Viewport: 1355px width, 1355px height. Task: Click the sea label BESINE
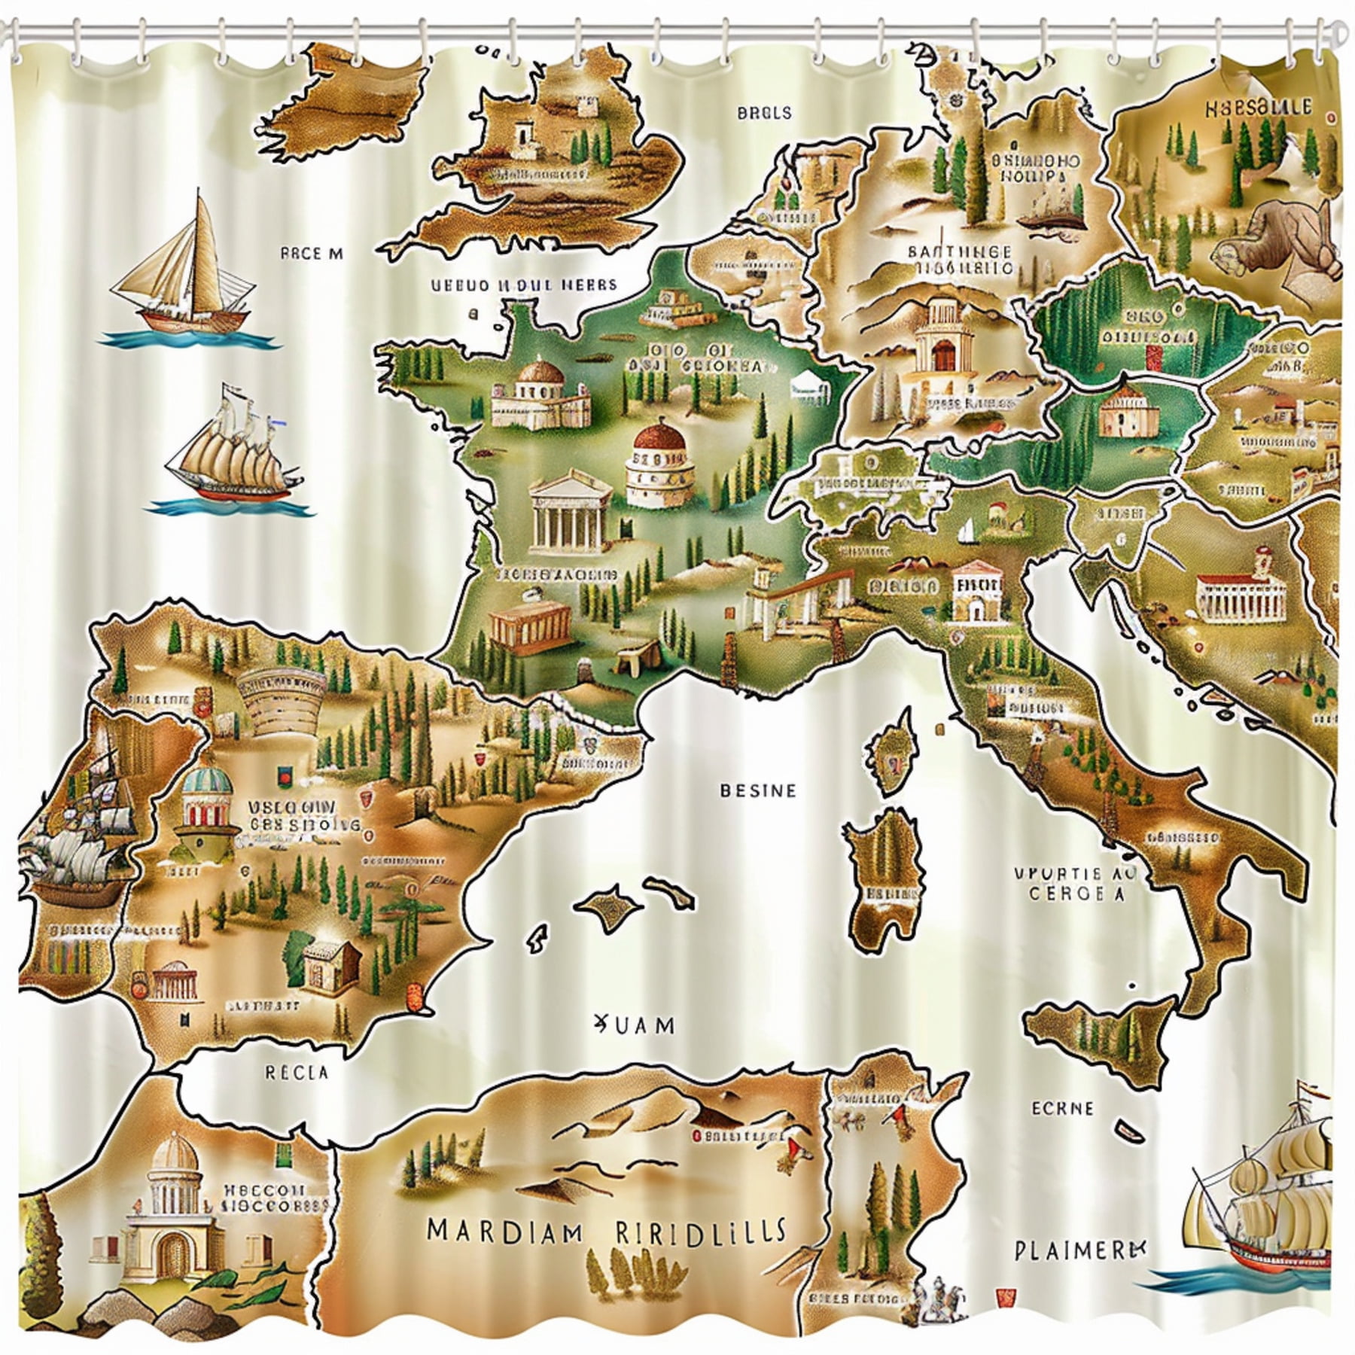pyautogui.click(x=758, y=790)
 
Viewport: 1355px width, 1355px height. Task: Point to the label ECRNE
pyautogui.click(x=1062, y=1086)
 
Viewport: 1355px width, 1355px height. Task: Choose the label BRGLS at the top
pyautogui.click(x=764, y=113)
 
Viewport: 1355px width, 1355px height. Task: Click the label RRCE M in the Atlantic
pyautogui.click(x=311, y=254)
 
